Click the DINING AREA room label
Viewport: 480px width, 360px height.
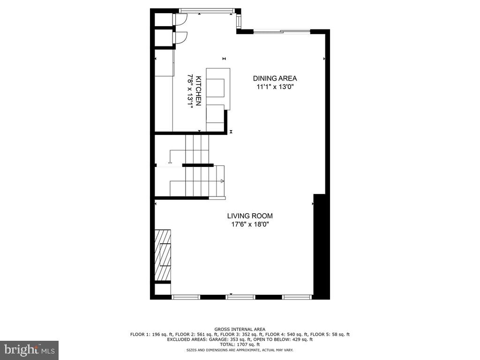pos(275,78)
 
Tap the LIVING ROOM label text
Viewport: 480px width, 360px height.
pos(250,216)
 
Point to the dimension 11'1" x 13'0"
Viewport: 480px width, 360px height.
pos(275,87)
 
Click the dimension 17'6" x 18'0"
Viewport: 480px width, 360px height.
pos(250,225)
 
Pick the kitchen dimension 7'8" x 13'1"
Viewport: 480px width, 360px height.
pos(190,91)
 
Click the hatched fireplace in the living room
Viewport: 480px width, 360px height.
pos(163,255)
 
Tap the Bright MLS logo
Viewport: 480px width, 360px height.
pos(29,350)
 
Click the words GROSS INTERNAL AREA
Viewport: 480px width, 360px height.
pos(240,330)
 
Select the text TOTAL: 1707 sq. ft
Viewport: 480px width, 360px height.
pos(240,345)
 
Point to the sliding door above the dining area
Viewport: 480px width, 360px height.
pos(282,32)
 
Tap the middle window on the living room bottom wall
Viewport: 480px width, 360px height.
pos(240,297)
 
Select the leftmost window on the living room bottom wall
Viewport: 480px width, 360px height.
pos(186,297)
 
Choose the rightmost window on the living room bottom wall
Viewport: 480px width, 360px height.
pos(297,297)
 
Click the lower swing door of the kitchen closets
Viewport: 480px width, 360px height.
pos(180,38)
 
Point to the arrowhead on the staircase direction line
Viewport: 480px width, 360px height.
pos(223,180)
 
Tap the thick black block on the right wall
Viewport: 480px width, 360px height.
pos(321,246)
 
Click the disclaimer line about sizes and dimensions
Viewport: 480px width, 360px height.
pos(240,350)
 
